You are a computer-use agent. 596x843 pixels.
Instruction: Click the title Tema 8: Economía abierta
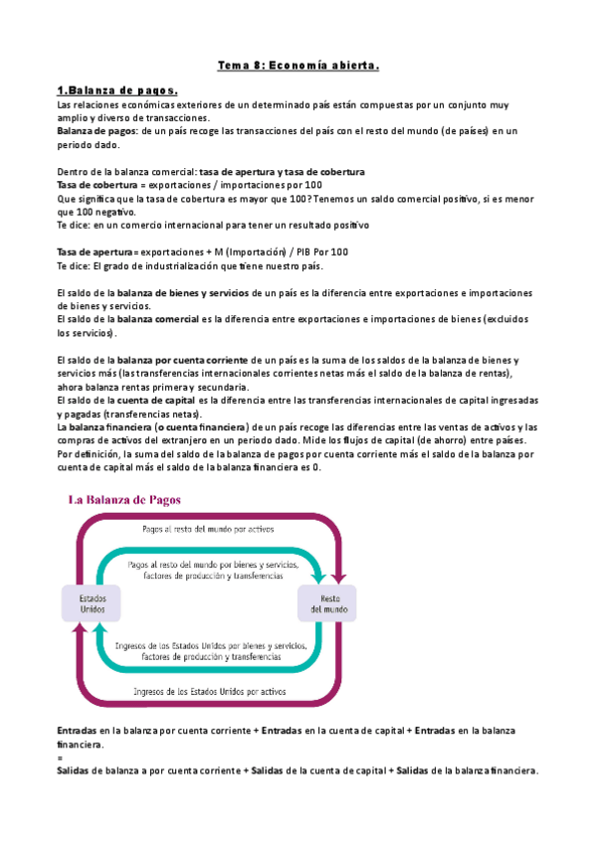click(x=299, y=66)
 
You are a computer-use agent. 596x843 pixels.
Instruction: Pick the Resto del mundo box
click(x=323, y=603)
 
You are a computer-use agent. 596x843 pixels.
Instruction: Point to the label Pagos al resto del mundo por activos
click(x=208, y=530)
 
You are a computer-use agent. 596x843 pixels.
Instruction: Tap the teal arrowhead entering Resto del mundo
click(x=317, y=577)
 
